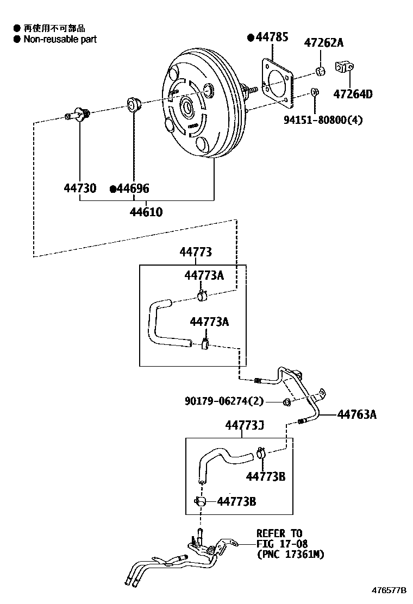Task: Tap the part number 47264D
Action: [x=353, y=94]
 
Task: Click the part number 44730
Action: [x=80, y=188]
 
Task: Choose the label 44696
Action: [x=133, y=188]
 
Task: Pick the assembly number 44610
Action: [x=146, y=212]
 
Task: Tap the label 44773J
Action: [x=245, y=425]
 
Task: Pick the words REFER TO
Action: [x=279, y=533]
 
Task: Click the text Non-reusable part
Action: [x=60, y=39]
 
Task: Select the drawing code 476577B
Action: [x=389, y=590]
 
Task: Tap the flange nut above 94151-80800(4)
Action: [x=315, y=92]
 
